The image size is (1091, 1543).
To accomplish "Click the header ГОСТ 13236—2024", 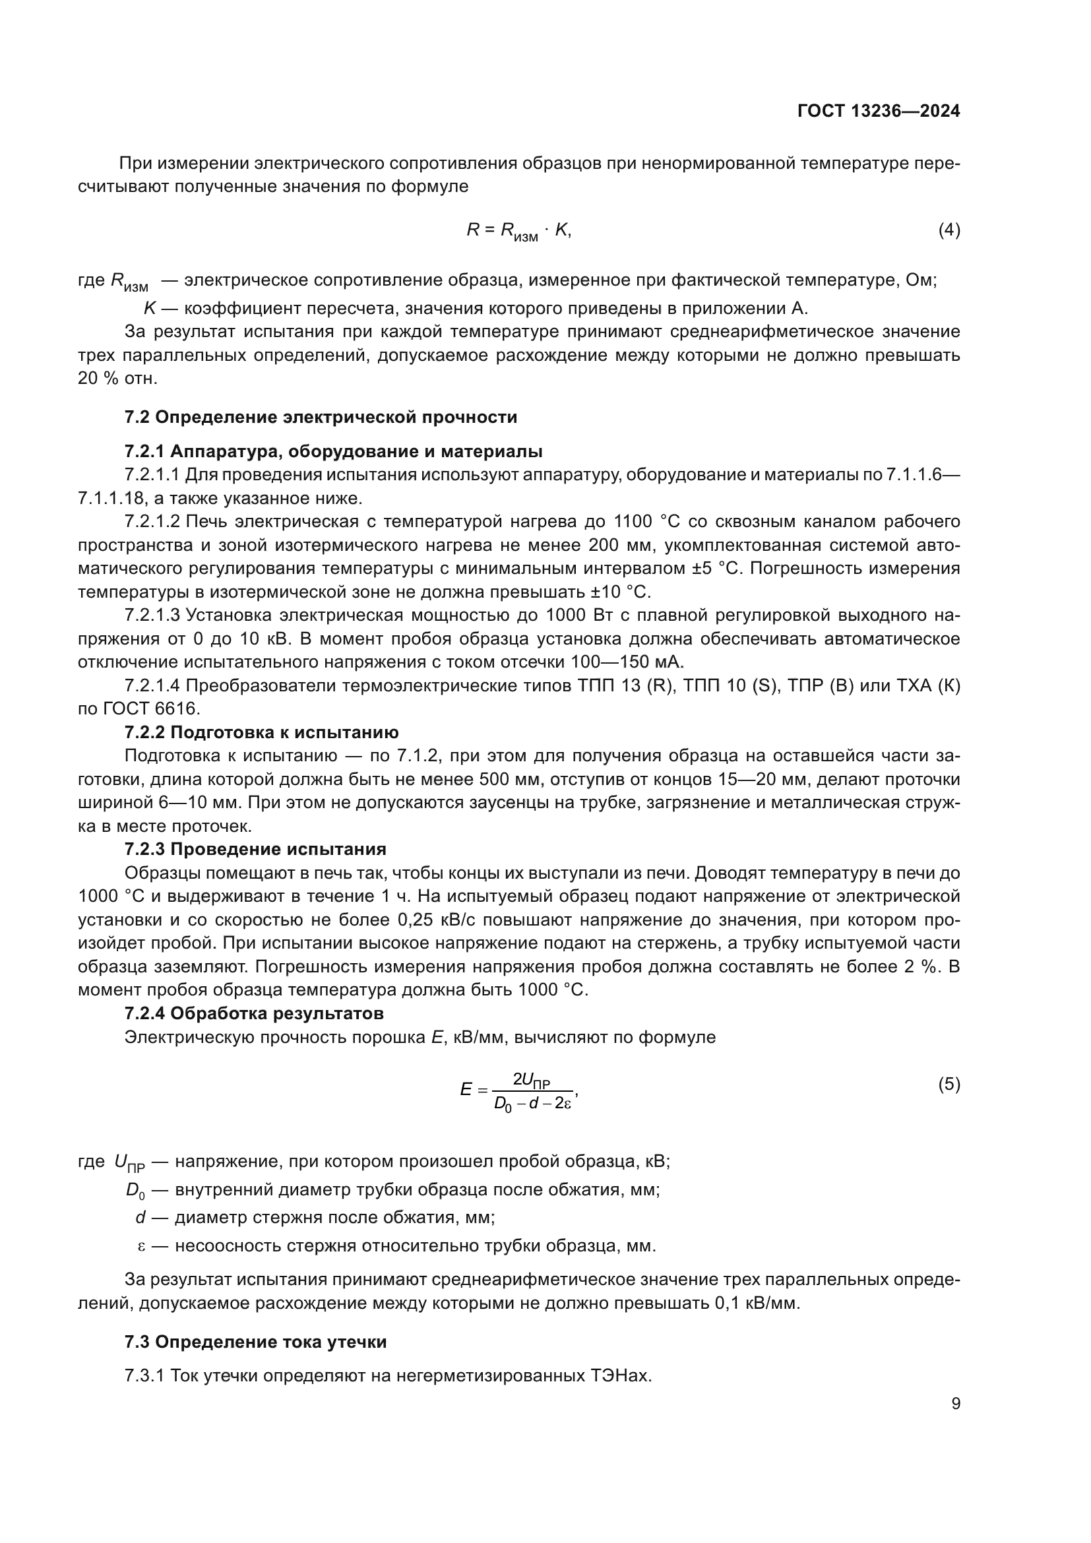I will pos(878,111).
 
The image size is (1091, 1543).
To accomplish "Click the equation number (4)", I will pos(949,230).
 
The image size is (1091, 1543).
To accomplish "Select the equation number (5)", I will pos(949,1085).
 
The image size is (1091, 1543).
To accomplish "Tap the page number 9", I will pos(955,1404).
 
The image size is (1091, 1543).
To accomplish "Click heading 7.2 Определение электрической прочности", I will pos(321,418).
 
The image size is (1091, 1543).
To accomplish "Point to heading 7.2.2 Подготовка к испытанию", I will pos(261,732).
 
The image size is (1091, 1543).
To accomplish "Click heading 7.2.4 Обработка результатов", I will pos(254,1013).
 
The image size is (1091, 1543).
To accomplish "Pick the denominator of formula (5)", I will pos(532,1104).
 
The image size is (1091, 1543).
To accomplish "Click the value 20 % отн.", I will pos(117,379).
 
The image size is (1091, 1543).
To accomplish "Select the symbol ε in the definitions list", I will pos(141,1246).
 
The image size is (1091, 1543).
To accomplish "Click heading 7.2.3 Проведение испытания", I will pos(255,850).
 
